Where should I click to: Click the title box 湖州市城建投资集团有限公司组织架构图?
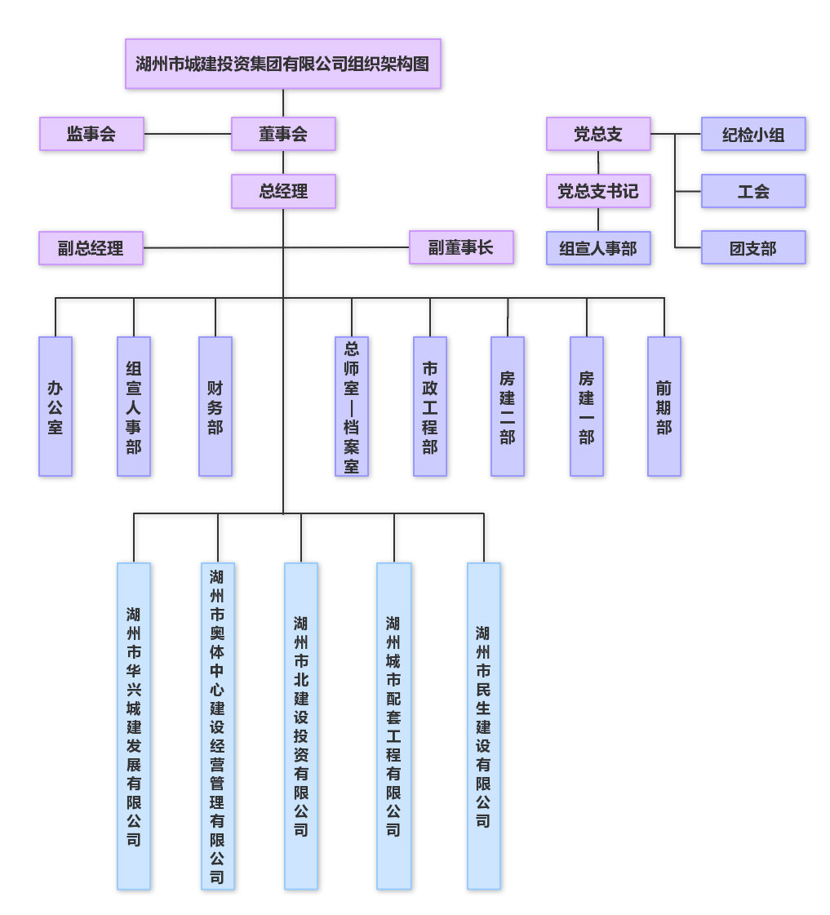282,64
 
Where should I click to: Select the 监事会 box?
91,134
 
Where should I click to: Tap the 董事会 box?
283,134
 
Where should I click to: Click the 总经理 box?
283,191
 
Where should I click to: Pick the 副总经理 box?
91,248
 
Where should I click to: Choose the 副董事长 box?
461,247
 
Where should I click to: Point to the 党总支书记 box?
598,191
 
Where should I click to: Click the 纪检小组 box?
753,134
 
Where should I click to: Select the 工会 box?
753,191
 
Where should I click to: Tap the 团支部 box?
753,247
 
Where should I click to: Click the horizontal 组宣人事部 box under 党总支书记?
598,248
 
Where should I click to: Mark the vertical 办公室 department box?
55,406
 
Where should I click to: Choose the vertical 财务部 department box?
215,406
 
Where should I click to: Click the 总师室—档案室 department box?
352,406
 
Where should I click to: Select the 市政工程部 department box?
430,406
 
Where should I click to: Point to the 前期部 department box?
664,406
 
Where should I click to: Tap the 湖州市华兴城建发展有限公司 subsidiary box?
134,726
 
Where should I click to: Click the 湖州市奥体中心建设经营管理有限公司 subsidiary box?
218,726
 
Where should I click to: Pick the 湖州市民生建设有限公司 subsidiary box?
484,726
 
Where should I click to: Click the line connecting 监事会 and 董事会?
188,134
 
